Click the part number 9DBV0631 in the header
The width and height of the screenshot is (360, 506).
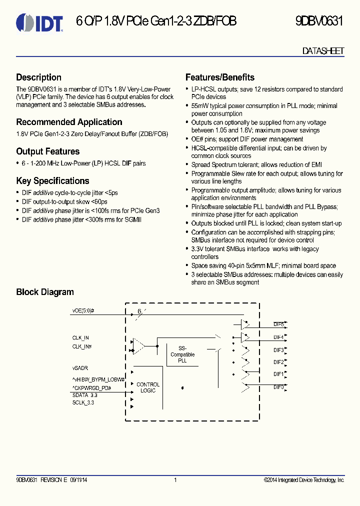tap(319, 21)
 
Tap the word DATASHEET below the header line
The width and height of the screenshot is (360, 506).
tap(323, 51)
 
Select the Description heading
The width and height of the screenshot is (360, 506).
tap(39, 77)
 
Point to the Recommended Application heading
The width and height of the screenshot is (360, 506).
tap(69, 122)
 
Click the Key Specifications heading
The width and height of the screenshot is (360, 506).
tap(52, 181)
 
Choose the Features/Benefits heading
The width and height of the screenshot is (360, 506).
tap(220, 77)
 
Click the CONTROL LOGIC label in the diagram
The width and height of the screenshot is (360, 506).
tap(148, 387)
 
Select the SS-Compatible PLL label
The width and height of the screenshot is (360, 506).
tap(182, 354)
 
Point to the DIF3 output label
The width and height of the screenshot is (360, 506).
tap(278, 350)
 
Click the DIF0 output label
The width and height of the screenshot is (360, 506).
tap(278, 386)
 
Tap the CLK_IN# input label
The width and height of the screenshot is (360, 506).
tap(82, 346)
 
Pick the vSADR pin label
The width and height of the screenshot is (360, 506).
tap(80, 368)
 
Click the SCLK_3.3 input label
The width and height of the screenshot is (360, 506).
tap(83, 402)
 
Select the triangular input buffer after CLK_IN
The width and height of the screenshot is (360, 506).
tap(138, 345)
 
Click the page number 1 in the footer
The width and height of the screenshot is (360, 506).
tap(175, 480)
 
